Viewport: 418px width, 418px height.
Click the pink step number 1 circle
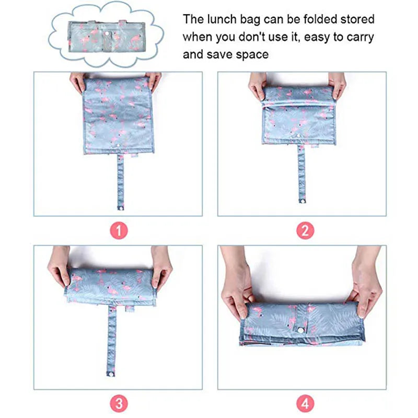119,230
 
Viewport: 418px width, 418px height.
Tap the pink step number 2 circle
305,230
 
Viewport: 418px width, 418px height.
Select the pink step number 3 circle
119,403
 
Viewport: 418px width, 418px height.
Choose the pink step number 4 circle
305,403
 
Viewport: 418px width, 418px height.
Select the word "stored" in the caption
357,19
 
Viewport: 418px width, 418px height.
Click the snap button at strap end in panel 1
121,207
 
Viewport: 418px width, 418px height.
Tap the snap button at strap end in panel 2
303,201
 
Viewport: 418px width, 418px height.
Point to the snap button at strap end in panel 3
111,374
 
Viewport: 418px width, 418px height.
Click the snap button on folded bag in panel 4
301,331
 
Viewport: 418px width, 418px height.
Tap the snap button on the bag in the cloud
107,33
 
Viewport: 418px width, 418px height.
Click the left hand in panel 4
237,283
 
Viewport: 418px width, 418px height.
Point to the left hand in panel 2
257,85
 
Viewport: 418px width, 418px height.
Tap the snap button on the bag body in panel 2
298,136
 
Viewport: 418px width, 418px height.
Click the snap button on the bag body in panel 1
118,146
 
